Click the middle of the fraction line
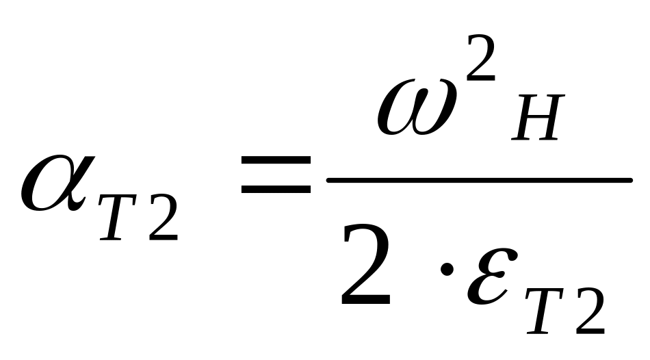point(479,180)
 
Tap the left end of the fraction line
point(330,180)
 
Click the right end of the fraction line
point(629,180)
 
